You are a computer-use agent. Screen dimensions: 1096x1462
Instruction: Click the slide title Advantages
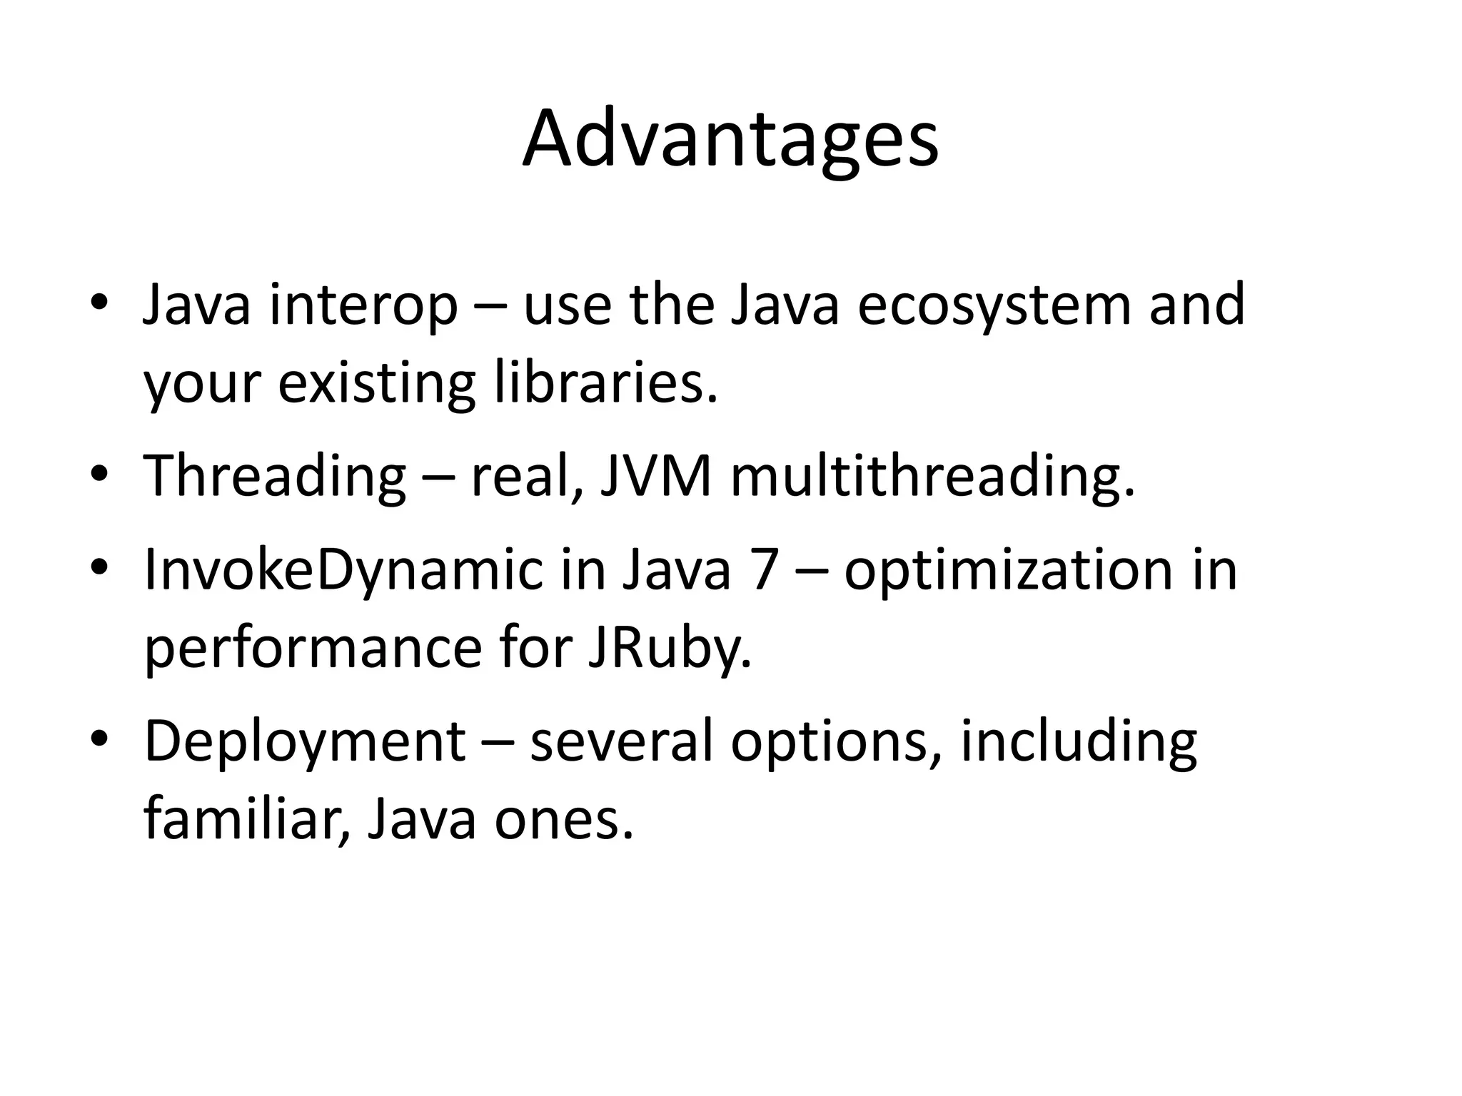point(730,139)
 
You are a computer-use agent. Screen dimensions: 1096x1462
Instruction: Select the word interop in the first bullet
point(363,305)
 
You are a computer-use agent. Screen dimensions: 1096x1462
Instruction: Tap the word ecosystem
point(993,305)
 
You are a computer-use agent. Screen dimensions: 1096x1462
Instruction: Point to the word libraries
point(605,383)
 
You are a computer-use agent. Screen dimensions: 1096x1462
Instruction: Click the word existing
point(377,383)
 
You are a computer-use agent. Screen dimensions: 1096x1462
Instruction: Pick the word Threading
point(275,476)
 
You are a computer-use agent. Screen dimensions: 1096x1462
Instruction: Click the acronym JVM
point(655,476)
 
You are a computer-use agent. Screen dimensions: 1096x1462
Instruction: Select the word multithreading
point(932,476)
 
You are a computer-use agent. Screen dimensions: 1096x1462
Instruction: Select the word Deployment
point(305,742)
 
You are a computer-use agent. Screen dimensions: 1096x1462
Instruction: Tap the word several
point(620,742)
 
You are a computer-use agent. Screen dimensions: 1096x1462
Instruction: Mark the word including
point(1078,742)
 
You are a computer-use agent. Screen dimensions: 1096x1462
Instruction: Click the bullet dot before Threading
point(99,474)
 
